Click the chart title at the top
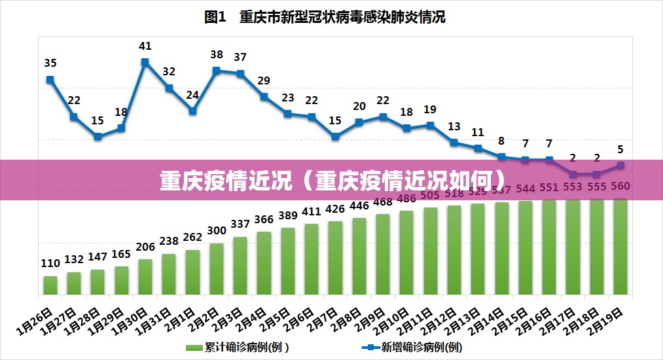click(x=325, y=18)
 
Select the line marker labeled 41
click(x=145, y=62)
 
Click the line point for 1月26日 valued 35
click(x=50, y=80)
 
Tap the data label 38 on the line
click(x=217, y=55)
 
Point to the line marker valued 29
click(x=264, y=96)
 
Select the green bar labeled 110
click(x=50, y=285)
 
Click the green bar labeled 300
click(x=217, y=268)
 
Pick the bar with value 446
click(x=359, y=256)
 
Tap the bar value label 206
click(x=145, y=247)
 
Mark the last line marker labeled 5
click(x=620, y=165)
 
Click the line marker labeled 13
click(x=454, y=142)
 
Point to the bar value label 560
click(x=620, y=187)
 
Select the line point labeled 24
click(x=192, y=111)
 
